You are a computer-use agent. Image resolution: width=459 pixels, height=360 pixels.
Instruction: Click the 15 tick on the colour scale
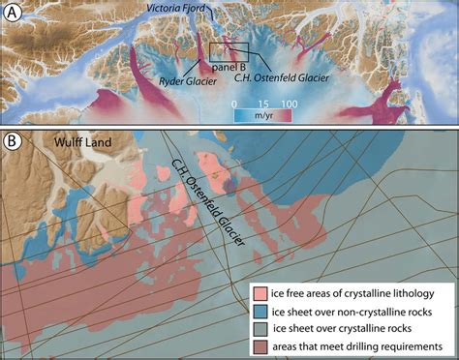pos(261,100)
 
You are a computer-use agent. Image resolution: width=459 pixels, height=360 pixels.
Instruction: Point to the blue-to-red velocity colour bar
pos(261,111)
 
